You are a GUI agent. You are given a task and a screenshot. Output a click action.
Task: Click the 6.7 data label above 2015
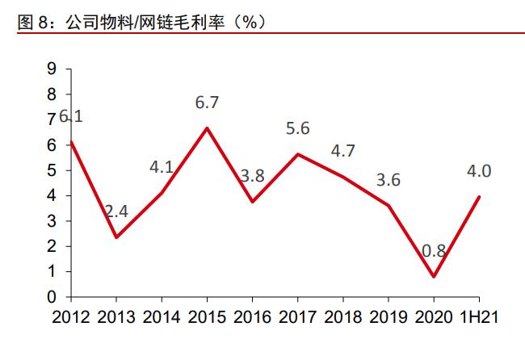(x=208, y=103)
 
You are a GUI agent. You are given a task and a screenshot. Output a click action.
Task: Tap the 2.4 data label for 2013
(x=116, y=211)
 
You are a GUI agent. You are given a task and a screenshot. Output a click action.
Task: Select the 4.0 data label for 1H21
(x=480, y=170)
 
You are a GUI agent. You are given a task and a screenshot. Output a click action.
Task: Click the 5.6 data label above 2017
(x=298, y=128)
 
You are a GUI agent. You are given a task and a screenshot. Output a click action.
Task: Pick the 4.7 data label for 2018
(x=343, y=150)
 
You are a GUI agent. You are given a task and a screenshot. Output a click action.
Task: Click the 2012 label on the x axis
(x=71, y=317)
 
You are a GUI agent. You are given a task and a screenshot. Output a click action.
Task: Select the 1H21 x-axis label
(x=480, y=317)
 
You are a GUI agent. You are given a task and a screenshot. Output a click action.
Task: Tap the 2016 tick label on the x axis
(x=253, y=317)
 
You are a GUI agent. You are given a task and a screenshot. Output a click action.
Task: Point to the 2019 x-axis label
(x=389, y=317)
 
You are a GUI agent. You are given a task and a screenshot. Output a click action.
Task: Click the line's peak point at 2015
(x=208, y=128)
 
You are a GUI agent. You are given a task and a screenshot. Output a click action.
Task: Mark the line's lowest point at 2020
(x=435, y=277)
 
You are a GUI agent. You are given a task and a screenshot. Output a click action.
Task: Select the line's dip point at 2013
(x=116, y=237)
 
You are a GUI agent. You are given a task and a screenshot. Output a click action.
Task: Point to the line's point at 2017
(x=298, y=154)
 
